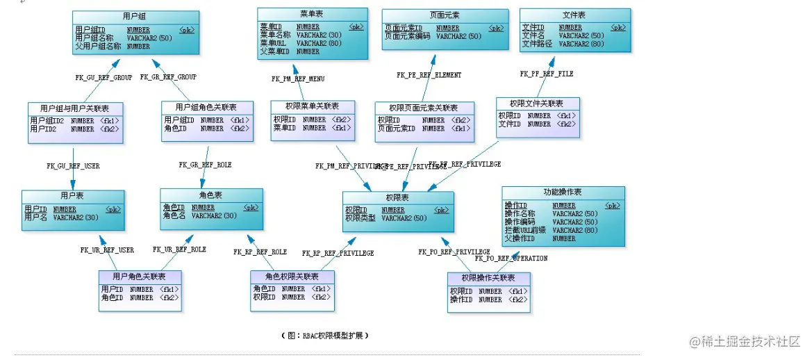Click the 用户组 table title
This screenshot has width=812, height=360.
[135, 15]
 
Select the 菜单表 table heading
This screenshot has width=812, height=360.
[312, 13]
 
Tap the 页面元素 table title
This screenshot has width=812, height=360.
[444, 14]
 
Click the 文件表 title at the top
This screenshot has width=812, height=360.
[574, 14]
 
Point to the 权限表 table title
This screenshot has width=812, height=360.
[397, 197]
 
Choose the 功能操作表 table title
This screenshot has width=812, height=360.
[563, 192]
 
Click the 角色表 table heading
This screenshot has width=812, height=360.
[210, 195]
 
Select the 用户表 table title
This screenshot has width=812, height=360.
[72, 196]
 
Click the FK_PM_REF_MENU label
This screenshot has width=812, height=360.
[298, 79]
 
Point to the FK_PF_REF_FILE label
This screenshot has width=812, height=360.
[547, 73]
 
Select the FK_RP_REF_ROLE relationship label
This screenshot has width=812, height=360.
[260, 252]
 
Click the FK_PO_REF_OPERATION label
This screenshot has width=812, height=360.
[511, 259]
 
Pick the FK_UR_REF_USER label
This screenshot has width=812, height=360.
[107, 249]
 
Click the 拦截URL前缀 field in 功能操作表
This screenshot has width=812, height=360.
[524, 230]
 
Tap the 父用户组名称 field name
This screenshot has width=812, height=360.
[99, 47]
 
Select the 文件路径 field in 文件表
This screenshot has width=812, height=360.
[537, 44]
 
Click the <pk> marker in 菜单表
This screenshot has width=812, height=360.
[355, 27]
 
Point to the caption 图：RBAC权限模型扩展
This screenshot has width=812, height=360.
[324, 335]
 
